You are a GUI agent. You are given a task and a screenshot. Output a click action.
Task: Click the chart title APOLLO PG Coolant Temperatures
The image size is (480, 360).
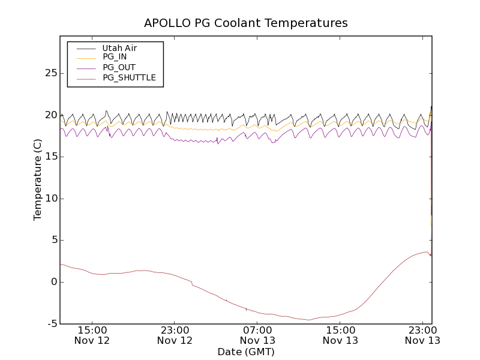[x=245, y=23]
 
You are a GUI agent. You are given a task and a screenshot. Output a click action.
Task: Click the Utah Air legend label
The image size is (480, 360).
[x=119, y=48]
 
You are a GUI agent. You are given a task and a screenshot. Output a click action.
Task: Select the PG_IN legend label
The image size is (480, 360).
[x=115, y=57]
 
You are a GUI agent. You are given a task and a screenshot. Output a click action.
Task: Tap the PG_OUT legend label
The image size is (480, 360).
[x=119, y=67]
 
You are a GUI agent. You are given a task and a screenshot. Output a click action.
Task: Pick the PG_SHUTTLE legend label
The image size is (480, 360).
[x=129, y=77]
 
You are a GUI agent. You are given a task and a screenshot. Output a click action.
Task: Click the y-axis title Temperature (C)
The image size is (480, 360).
[x=38, y=179]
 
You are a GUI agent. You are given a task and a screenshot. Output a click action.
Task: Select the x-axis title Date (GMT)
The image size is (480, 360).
[x=245, y=352]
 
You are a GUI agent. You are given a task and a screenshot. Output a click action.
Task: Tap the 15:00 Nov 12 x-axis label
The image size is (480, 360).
[x=92, y=335]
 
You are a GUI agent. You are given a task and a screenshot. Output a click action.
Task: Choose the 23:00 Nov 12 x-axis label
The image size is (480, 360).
[x=175, y=335]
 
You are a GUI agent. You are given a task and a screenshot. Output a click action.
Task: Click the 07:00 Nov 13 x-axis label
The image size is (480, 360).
[x=257, y=335]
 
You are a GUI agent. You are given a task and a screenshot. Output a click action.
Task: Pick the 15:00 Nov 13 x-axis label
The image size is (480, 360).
[x=340, y=335]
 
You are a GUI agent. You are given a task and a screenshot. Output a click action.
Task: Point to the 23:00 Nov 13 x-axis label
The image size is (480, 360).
[x=423, y=335]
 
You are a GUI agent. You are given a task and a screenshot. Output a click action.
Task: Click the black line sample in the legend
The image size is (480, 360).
[x=86, y=48]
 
